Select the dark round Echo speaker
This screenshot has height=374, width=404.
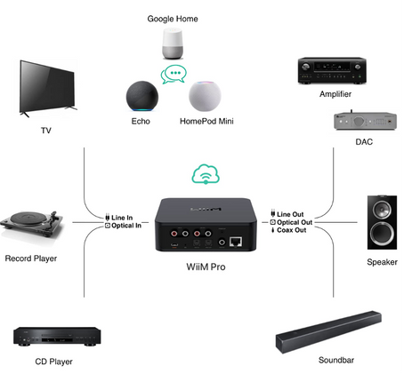[141, 96]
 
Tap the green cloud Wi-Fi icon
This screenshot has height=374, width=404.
[206, 173]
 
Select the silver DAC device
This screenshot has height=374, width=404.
[358, 121]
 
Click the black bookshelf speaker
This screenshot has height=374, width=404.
[382, 221]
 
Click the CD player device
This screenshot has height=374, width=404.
[55, 337]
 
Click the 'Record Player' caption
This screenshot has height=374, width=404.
[33, 259]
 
